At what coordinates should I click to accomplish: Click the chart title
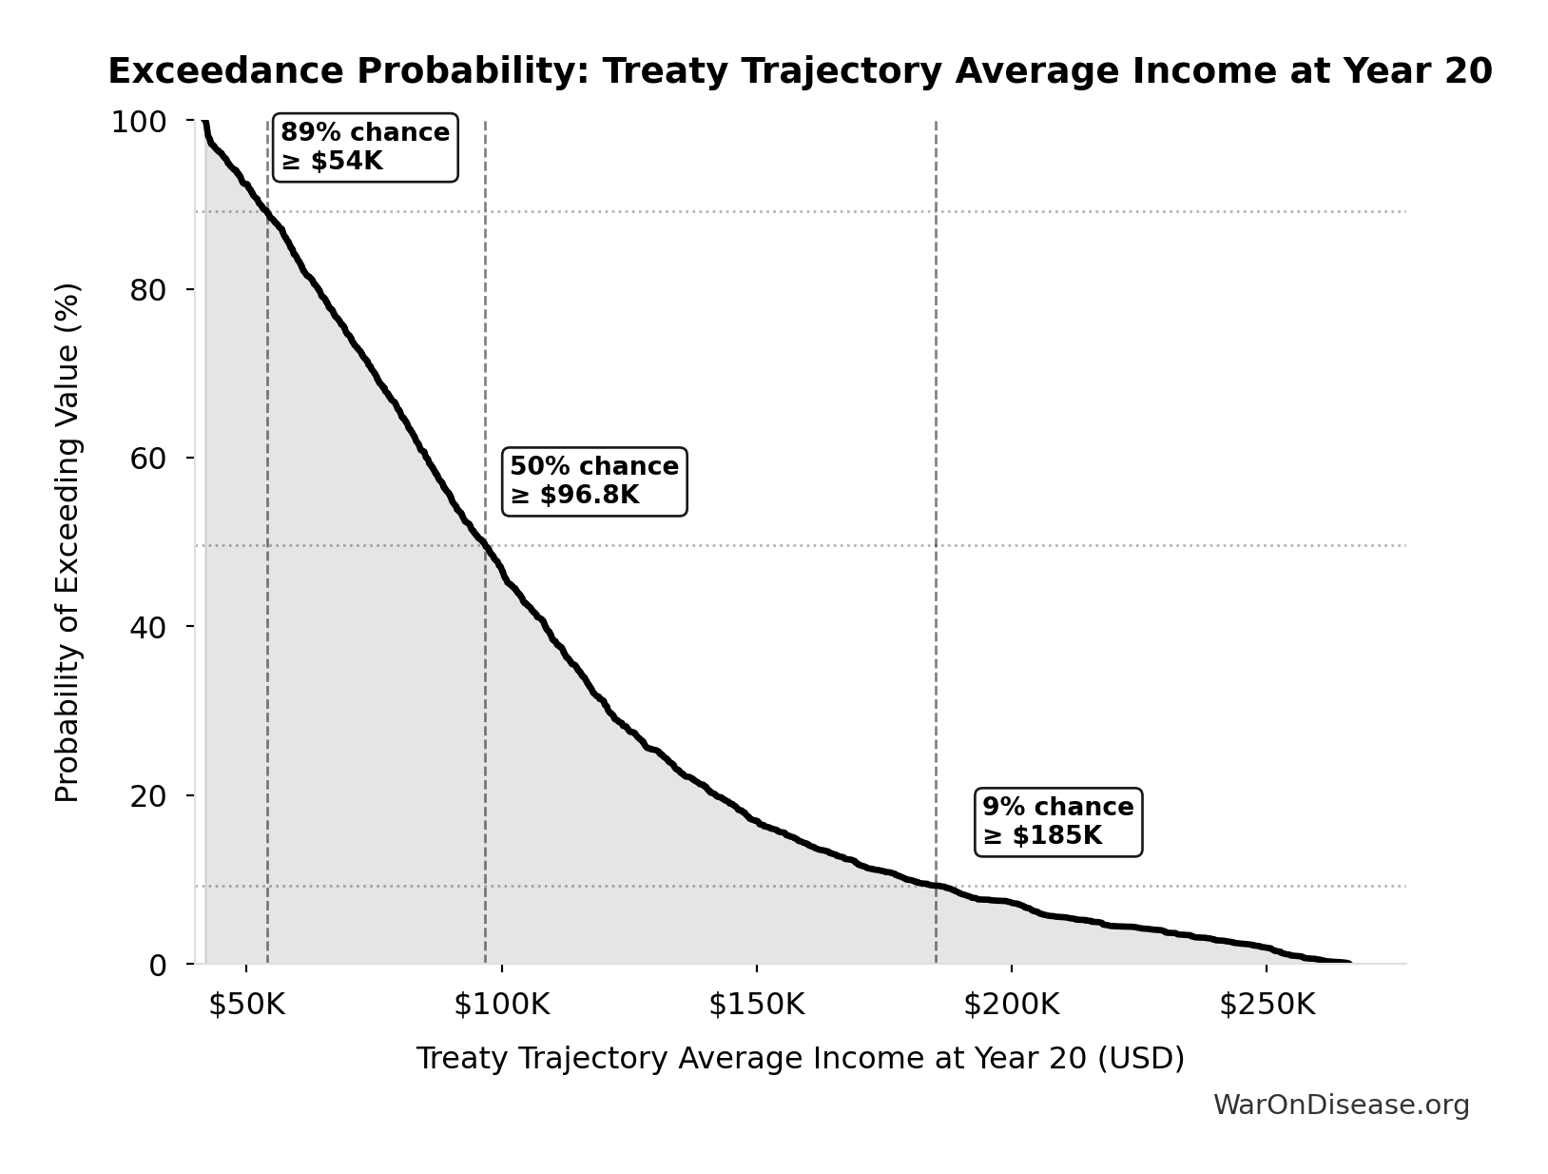click(800, 71)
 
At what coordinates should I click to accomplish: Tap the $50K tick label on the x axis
click(246, 1005)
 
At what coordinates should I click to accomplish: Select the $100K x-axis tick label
click(501, 1005)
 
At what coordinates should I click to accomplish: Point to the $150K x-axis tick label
click(756, 1005)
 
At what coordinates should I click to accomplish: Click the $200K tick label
click(1011, 1005)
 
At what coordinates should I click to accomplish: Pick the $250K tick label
click(1267, 1005)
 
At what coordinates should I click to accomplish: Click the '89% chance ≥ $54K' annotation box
click(365, 147)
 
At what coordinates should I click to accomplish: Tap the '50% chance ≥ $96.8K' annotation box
click(594, 481)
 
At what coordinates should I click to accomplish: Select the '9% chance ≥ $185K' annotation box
click(1058, 822)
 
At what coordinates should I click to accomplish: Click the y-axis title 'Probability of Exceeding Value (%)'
click(68, 542)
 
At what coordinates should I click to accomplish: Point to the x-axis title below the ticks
click(800, 1058)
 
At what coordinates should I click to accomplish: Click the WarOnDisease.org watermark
click(1341, 1105)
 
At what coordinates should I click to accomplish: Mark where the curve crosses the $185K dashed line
click(936, 886)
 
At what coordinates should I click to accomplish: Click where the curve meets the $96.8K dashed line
click(485, 546)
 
